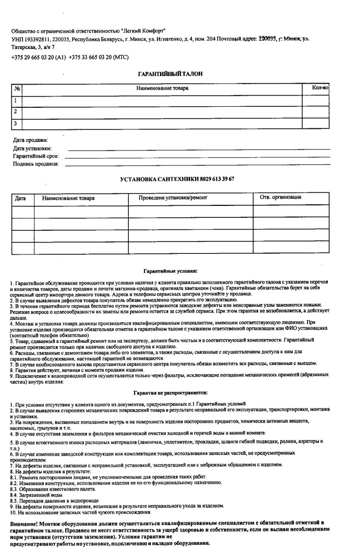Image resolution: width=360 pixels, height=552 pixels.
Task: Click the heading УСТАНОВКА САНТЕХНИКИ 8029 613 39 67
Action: click(x=180, y=179)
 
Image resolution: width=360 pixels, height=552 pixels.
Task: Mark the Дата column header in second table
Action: click(x=20, y=198)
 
